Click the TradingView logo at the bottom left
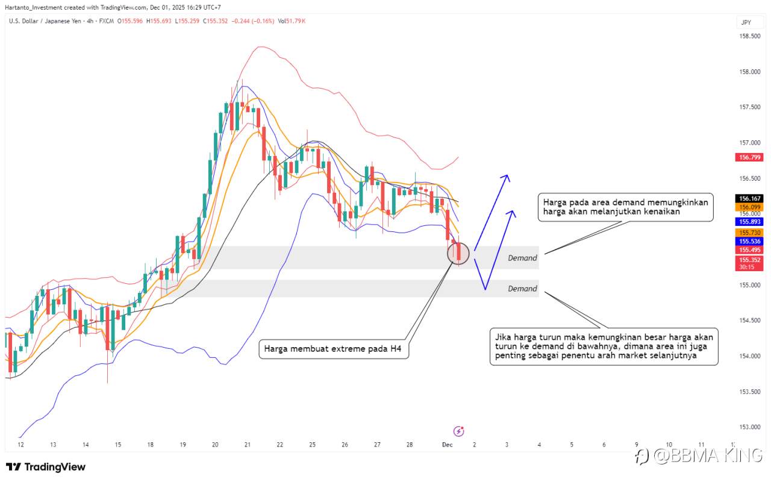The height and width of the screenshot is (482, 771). tap(46, 467)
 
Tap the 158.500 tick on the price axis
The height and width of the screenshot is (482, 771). tap(749, 36)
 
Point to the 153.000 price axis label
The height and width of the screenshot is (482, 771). tap(749, 427)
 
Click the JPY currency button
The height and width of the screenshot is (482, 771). tap(746, 22)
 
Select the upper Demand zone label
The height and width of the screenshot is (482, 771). tap(522, 258)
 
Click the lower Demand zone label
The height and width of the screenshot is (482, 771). tap(522, 289)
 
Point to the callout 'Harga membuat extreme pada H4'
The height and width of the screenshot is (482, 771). tap(334, 349)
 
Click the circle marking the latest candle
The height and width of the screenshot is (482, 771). tap(458, 253)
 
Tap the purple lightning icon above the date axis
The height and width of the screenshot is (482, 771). tap(459, 431)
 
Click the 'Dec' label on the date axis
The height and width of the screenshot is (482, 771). tap(447, 445)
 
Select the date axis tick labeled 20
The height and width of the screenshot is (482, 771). tap(215, 445)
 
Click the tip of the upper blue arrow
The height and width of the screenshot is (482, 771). tap(507, 175)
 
